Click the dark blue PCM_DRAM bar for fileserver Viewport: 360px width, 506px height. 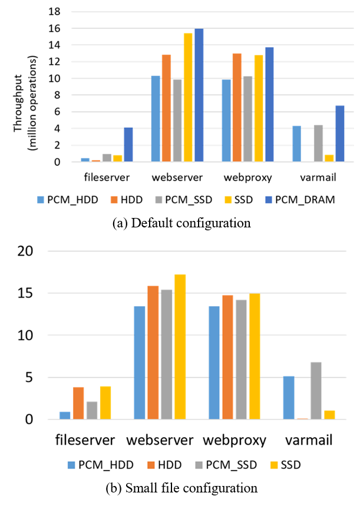pyautogui.click(x=128, y=145)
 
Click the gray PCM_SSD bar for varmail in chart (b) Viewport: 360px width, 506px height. pyautogui.click(x=316, y=391)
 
